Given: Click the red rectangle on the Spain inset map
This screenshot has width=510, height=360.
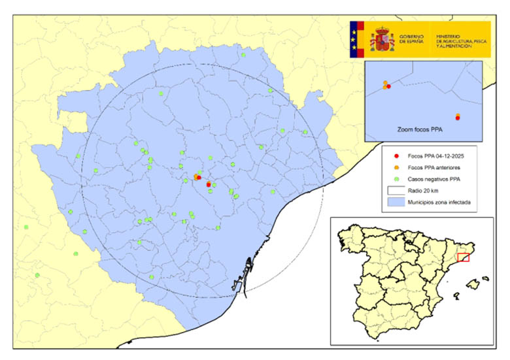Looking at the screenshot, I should tap(463, 257).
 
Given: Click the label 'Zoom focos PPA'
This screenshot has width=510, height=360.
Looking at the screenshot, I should tap(420, 130).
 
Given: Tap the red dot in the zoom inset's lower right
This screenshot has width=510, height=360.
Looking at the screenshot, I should tap(458, 118).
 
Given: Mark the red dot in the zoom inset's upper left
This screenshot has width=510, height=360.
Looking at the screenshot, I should tap(388, 86).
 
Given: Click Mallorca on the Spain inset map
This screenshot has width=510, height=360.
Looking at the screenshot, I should tap(473, 284).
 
